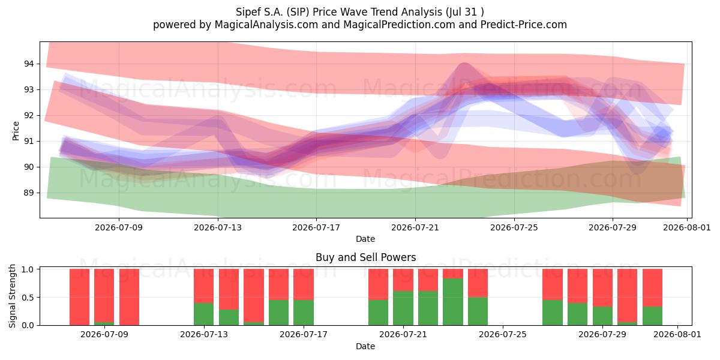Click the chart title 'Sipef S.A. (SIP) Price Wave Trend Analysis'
tap(339, 12)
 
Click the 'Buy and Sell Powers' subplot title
tap(365, 257)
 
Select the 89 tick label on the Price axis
tap(29, 193)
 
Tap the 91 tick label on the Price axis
tap(29, 141)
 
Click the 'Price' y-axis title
tap(16, 131)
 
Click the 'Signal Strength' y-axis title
tap(12, 296)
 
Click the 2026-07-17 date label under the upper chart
tap(316, 227)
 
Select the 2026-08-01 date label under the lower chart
tap(677, 334)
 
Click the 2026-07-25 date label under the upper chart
tap(514, 227)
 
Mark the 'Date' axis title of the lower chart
tap(365, 346)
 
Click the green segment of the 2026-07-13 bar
tap(203, 314)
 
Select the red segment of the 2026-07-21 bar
tap(403, 280)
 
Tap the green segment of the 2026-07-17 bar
tap(304, 313)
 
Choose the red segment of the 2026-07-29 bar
tap(602, 287)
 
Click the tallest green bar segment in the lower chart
tap(453, 302)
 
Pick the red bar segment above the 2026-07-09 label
tap(104, 295)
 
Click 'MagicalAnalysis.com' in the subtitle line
tap(266, 25)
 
